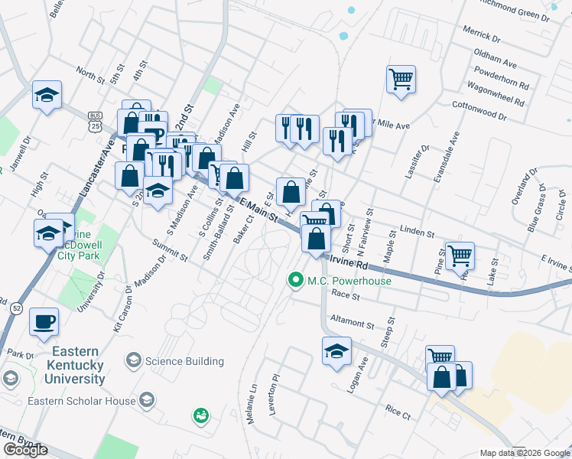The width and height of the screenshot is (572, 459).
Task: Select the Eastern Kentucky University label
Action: click(x=68, y=365)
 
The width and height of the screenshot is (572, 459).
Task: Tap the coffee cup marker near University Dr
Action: click(x=44, y=321)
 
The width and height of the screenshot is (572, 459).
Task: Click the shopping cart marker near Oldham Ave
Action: click(x=401, y=79)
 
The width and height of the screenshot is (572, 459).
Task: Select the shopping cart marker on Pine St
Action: click(x=459, y=256)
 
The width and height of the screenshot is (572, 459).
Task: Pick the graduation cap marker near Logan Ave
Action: click(x=336, y=351)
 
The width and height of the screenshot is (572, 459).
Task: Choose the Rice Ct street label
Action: click(x=398, y=412)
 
